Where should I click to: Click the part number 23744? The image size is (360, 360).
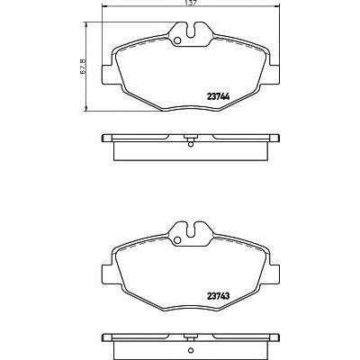coord(219,97)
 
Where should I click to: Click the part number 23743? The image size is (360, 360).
coord(219,296)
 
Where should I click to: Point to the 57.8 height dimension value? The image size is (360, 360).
coord(84,66)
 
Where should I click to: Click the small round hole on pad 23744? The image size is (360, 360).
coord(177,40)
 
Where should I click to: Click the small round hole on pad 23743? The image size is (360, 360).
coord(177,239)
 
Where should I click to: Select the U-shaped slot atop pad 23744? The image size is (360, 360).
coord(191,31)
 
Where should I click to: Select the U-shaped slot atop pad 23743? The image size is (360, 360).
coord(191,229)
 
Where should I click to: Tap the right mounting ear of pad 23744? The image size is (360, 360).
coord(274,75)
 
